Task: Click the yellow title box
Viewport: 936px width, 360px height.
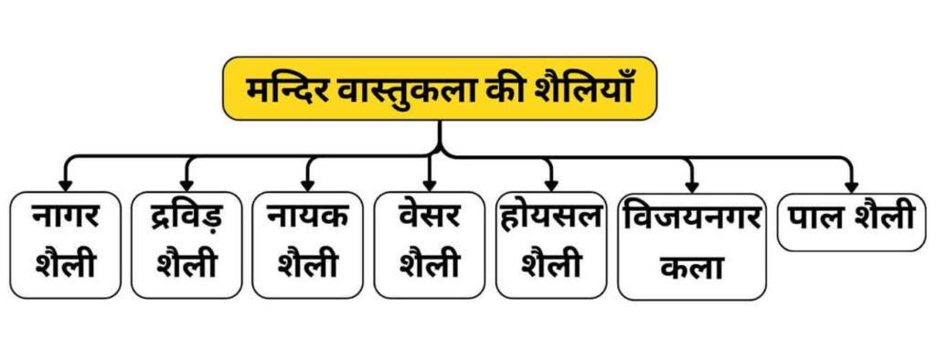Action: tap(440, 89)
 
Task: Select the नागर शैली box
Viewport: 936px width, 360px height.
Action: tap(65, 244)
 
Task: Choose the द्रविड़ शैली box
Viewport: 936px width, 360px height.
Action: tap(186, 244)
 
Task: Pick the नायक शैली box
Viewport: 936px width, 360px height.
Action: tap(308, 244)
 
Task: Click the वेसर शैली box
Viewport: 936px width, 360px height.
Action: tap(430, 244)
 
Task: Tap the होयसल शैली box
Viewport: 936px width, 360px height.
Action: tap(551, 244)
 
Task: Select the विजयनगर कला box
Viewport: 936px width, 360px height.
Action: tap(692, 246)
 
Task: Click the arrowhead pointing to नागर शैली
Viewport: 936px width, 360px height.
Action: tap(65, 182)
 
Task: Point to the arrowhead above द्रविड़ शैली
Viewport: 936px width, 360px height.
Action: tap(187, 182)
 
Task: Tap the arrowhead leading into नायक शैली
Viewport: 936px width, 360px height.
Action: tap(309, 182)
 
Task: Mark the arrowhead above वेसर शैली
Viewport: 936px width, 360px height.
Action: tap(430, 182)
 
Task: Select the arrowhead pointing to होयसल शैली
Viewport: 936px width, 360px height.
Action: tap(551, 182)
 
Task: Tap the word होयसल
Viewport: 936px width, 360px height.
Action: tap(551, 220)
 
